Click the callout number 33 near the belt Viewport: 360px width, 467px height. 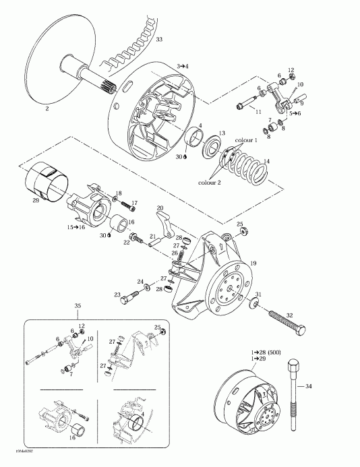tap(158, 40)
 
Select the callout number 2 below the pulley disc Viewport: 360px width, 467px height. tap(47, 107)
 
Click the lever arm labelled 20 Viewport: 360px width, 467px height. tap(164, 222)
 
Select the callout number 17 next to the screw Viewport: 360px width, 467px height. tap(134, 202)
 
